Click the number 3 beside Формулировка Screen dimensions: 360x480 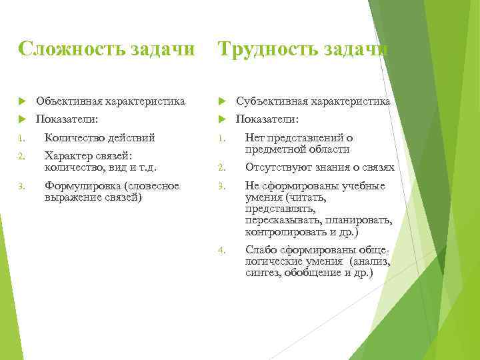click(x=21, y=187)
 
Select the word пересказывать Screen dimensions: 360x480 click(x=283, y=221)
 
